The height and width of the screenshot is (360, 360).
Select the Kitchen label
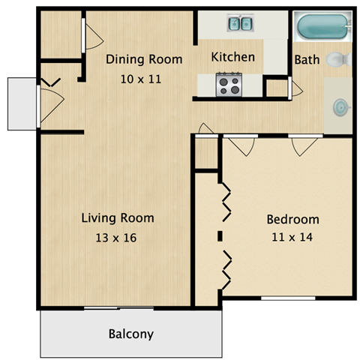tap(232, 57)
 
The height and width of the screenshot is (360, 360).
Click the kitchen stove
tap(228, 85)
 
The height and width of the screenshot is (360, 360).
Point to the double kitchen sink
tap(240, 25)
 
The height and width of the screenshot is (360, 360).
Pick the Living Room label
tap(118, 218)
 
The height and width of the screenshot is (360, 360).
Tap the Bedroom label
tap(292, 220)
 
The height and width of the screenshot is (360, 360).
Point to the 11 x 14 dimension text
tap(292, 238)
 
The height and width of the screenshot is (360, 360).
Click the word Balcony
tap(131, 334)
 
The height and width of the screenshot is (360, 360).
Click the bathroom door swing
tap(296, 88)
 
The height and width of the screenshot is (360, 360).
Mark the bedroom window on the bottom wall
tap(287, 298)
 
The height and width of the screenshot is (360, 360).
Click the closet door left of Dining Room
tap(88, 34)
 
